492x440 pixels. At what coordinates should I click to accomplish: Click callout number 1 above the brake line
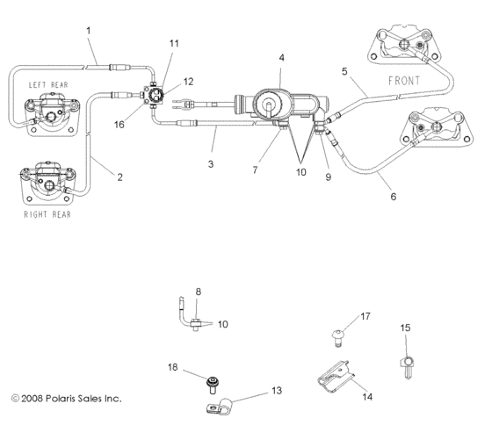click(x=90, y=32)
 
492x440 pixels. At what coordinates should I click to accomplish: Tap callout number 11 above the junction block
click(x=173, y=42)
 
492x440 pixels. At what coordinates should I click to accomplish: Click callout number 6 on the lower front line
click(x=393, y=196)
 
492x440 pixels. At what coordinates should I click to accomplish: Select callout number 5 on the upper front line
click(x=345, y=71)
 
